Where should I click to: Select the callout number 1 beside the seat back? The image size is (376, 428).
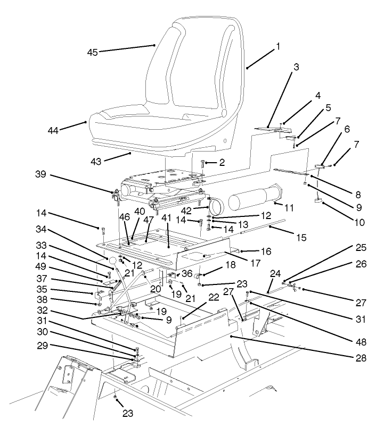277,47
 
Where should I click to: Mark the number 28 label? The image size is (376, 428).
361,358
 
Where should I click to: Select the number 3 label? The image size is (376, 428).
296,68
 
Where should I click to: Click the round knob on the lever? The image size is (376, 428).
112,261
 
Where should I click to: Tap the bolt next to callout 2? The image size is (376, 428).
202,164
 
